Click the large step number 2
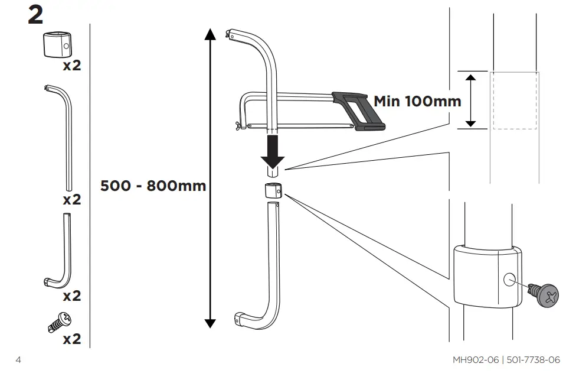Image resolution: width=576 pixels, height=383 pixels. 35,15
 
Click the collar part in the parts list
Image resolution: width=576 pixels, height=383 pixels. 56,44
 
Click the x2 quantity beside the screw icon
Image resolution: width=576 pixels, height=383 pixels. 71,339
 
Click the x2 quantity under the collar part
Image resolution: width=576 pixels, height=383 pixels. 71,65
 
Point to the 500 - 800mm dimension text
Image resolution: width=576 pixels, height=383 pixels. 153,186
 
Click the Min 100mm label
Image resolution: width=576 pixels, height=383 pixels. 417,101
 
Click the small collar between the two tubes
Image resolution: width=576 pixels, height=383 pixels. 272,191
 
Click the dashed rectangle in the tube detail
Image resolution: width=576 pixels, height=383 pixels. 515,100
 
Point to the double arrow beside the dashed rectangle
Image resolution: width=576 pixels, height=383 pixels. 470,100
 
